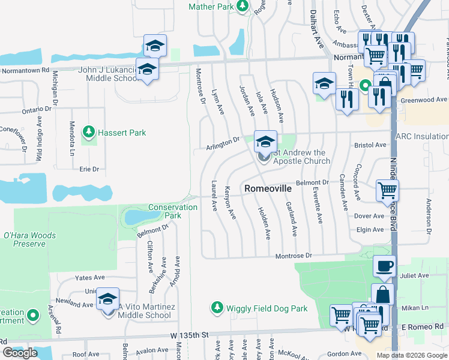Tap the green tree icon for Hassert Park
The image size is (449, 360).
pyautogui.click(x=89, y=131)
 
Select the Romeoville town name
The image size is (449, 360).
pyautogui.click(x=268, y=188)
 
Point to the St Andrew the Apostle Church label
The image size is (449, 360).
pyautogui.click(x=301, y=157)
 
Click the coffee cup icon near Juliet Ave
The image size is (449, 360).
pyautogui.click(x=384, y=265)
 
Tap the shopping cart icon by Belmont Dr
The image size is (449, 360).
pyautogui.click(x=387, y=190)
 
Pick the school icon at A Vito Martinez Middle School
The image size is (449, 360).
pyautogui.click(x=108, y=299)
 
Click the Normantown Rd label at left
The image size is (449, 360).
pyautogui.click(x=25, y=70)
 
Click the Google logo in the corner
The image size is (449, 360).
pyautogui.click(x=20, y=353)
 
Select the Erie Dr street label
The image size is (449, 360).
pyautogui.click(x=89, y=169)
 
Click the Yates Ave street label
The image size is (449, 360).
pyautogui.click(x=89, y=278)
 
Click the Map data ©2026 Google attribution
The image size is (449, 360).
pyautogui.click(x=412, y=355)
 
